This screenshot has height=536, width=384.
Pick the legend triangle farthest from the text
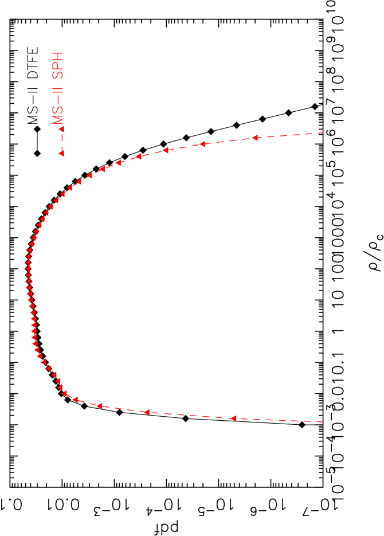(x=61, y=153)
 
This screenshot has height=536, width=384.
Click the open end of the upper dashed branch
(x=323, y=133)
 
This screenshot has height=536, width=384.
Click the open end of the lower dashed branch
(x=323, y=422)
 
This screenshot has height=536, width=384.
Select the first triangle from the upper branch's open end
(x=254, y=138)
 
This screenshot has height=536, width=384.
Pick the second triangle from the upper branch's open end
(x=202, y=144)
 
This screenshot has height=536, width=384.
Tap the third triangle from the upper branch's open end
(x=165, y=150)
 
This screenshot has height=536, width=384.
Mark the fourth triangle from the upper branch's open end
(x=138, y=157)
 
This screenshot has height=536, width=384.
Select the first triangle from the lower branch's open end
(x=233, y=418)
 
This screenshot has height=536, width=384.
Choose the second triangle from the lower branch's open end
(x=147, y=412)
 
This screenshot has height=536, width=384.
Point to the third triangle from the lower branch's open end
(x=99, y=405)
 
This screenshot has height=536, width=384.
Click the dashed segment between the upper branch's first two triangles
(x=228, y=140)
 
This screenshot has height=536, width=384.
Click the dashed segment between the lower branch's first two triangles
(x=189, y=415)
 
